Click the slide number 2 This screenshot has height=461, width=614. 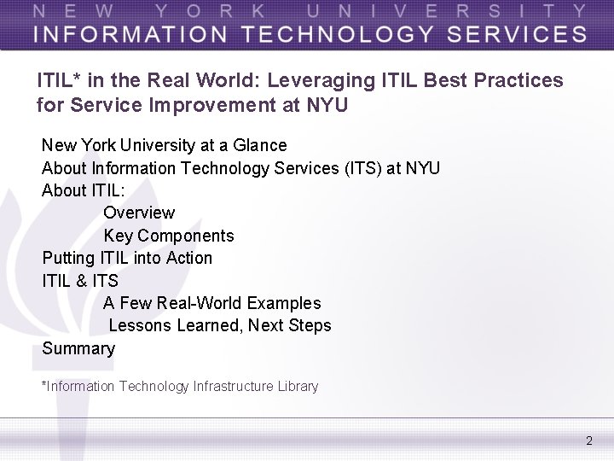click(588, 441)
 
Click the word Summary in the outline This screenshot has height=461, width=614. click(78, 348)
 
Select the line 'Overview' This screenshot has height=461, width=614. click(139, 213)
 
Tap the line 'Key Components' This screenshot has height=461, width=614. click(169, 236)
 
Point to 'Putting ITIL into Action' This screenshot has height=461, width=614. click(127, 258)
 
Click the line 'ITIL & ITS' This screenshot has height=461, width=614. click(80, 280)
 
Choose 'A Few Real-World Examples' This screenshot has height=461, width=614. click(212, 303)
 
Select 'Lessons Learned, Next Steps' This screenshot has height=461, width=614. click(220, 325)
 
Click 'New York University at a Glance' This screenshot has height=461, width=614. click(165, 145)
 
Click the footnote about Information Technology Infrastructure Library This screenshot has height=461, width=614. click(180, 387)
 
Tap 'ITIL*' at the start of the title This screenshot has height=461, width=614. click(59, 81)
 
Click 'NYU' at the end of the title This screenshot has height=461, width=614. click(328, 106)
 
